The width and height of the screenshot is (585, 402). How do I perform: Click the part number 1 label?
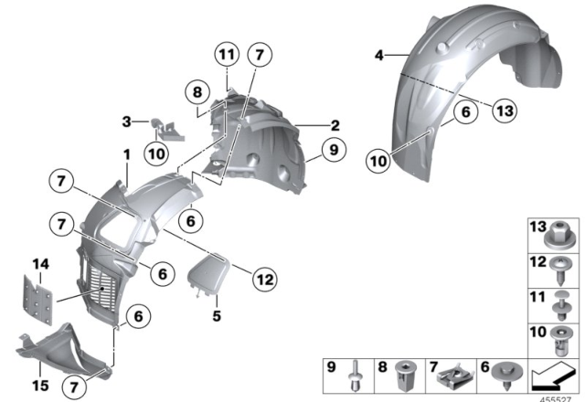127,156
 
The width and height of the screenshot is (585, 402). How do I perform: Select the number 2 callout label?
335,125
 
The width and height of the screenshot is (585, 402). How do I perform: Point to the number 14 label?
39,265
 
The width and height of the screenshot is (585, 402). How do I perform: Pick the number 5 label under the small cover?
217,317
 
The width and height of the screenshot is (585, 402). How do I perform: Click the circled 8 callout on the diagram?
195,91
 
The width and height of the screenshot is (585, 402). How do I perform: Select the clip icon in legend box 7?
457,374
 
